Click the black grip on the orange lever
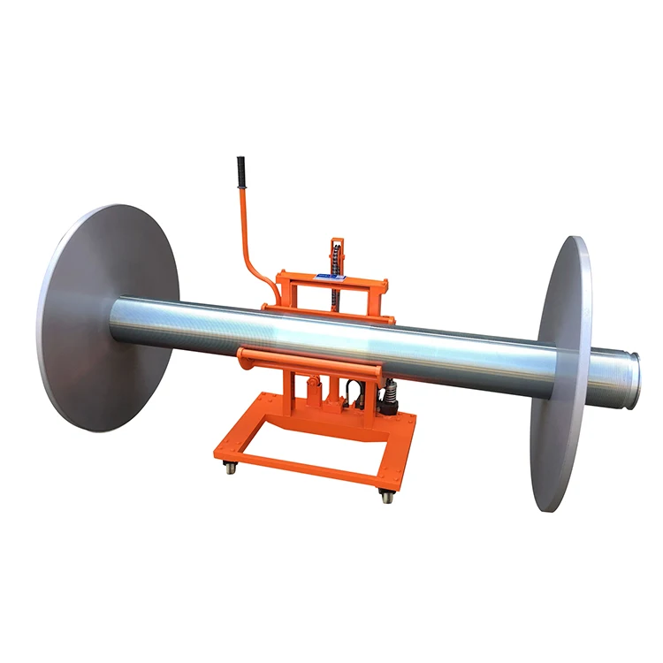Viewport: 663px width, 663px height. pyautogui.click(x=239, y=172)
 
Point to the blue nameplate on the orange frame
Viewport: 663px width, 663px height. pyautogui.click(x=334, y=277)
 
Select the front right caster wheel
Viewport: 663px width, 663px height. pyautogui.click(x=387, y=497)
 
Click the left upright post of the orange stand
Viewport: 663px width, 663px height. pyautogui.click(x=287, y=389)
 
